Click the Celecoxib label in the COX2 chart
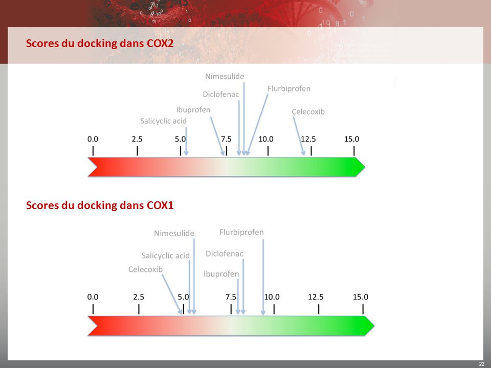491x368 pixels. tap(308, 112)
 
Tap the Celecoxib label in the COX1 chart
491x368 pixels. tap(146, 269)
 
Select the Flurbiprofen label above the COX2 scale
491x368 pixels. tap(289, 89)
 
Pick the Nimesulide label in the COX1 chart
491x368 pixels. tap(174, 233)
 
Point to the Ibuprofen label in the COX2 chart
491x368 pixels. tap(193, 110)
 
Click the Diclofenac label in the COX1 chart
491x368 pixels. tap(224, 254)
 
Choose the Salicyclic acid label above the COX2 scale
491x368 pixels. tap(163, 121)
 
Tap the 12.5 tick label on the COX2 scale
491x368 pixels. tap(308, 139)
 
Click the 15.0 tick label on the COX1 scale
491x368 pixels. tap(361, 297)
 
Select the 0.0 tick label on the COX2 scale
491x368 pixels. tap(93, 139)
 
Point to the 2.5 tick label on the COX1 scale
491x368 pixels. tap(139, 297)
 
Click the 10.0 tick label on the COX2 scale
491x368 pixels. tap(266, 139)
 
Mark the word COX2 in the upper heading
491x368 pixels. tap(160, 43)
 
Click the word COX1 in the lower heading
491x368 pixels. tap(160, 205)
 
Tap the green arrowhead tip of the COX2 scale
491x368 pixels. tap(365, 167)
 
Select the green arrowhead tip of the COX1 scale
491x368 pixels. tap(374, 326)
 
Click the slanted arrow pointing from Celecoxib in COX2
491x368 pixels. tap(299, 136)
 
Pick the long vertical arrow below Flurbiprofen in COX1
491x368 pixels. tap(263, 277)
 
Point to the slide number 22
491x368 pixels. tap(482, 364)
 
